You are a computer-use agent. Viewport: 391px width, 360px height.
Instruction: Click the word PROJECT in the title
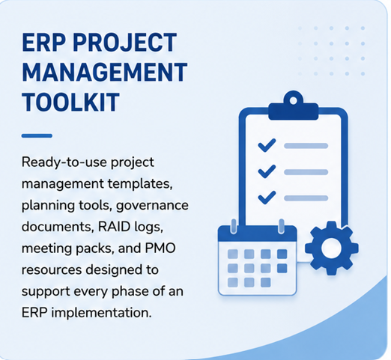click(125, 43)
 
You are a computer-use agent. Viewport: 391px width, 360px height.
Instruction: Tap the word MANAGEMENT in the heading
click(105, 72)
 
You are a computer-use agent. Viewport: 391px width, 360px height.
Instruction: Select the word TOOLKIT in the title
click(70, 102)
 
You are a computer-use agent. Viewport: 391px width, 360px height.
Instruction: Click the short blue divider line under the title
click(37, 135)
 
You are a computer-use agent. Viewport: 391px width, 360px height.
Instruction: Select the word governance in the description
click(152, 206)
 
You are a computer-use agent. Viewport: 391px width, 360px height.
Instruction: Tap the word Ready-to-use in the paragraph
click(64, 162)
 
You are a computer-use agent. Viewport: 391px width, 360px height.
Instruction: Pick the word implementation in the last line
click(101, 313)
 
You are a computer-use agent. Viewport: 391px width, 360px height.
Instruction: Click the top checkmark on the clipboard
click(267, 145)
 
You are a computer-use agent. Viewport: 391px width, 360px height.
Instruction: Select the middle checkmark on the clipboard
click(267, 171)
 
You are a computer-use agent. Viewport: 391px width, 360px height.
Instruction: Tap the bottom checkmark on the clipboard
click(267, 198)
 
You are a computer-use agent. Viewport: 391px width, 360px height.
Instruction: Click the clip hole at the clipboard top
click(294, 100)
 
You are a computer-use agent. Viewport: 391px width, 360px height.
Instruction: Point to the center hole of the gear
click(332, 248)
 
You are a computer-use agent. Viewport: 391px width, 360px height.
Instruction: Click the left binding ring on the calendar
click(234, 226)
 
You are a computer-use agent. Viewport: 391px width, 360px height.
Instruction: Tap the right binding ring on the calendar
click(282, 226)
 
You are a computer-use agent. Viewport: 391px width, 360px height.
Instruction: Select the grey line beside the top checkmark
click(306, 146)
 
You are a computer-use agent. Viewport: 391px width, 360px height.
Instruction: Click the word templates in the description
click(140, 184)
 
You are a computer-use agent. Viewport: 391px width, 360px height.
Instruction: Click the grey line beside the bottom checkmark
click(306, 198)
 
